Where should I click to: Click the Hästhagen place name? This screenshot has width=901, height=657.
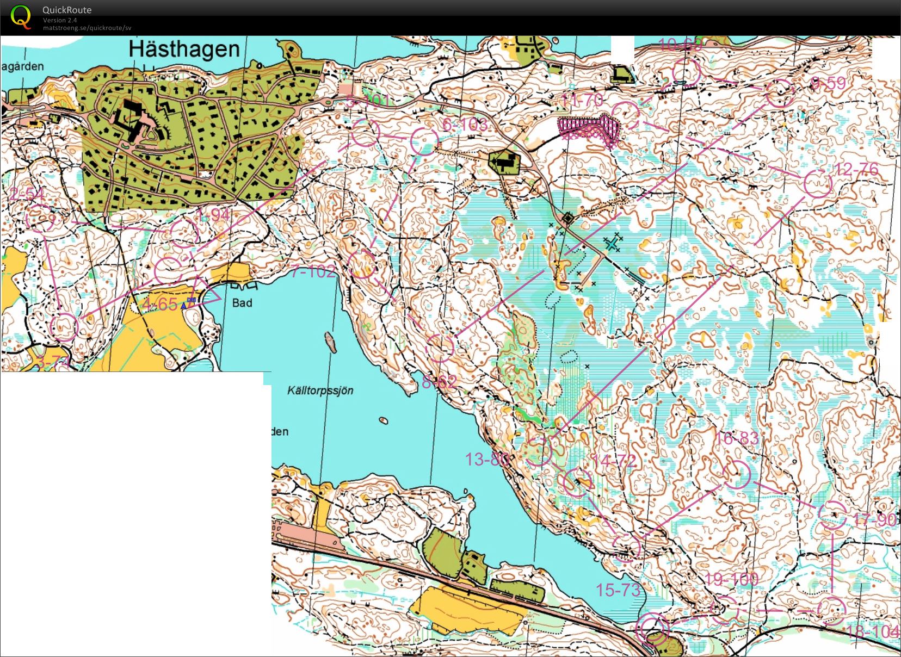pyautogui.click(x=184, y=49)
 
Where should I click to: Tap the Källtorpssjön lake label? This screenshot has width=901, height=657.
pyautogui.click(x=320, y=391)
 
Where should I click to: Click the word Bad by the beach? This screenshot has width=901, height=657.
pyautogui.click(x=242, y=303)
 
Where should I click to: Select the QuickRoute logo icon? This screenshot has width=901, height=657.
pyautogui.click(x=21, y=16)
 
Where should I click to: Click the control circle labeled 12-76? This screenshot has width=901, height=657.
pyautogui.click(x=818, y=184)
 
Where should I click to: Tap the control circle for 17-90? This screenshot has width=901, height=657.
pyautogui.click(x=832, y=514)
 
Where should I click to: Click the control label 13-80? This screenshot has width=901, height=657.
pyautogui.click(x=487, y=460)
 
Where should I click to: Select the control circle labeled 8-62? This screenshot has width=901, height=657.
pyautogui.click(x=439, y=348)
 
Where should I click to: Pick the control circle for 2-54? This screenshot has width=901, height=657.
pyautogui.click(x=40, y=218)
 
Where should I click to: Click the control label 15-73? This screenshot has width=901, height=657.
pyautogui.click(x=618, y=590)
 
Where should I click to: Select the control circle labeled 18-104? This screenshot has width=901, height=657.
pyautogui.click(x=831, y=610)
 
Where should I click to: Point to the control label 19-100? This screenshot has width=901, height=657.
pyautogui.click(x=732, y=579)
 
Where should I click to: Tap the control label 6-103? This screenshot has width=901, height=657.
pyautogui.click(x=465, y=125)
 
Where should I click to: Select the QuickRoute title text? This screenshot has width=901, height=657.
pyautogui.click(x=67, y=10)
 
